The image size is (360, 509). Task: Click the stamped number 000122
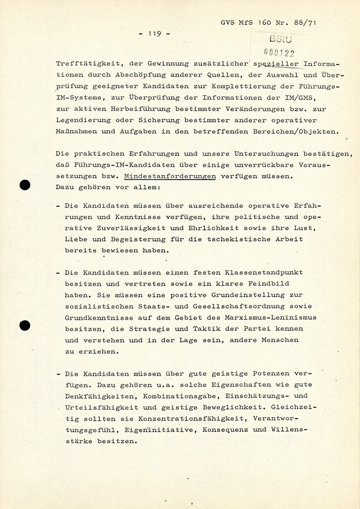[279, 53]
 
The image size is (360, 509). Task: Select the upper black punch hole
[25, 185]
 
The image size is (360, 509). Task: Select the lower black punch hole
[25, 326]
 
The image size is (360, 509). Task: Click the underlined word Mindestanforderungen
[170, 177]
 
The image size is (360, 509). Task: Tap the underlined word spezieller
[276, 64]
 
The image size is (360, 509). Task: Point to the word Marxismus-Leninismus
[270, 318]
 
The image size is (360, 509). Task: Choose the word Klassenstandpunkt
[264, 273]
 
